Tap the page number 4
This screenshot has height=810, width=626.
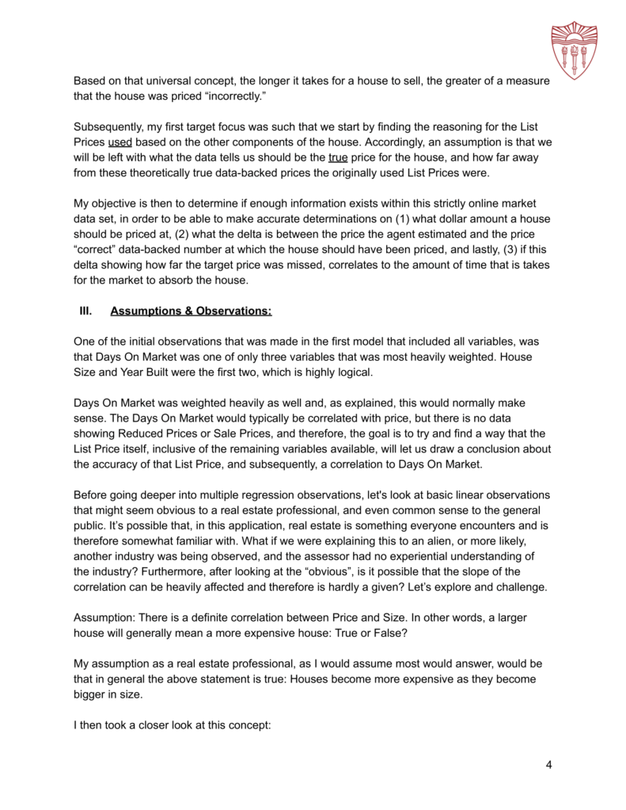548,765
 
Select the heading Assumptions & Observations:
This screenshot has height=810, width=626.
191,312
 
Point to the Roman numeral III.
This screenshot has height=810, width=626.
82,312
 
